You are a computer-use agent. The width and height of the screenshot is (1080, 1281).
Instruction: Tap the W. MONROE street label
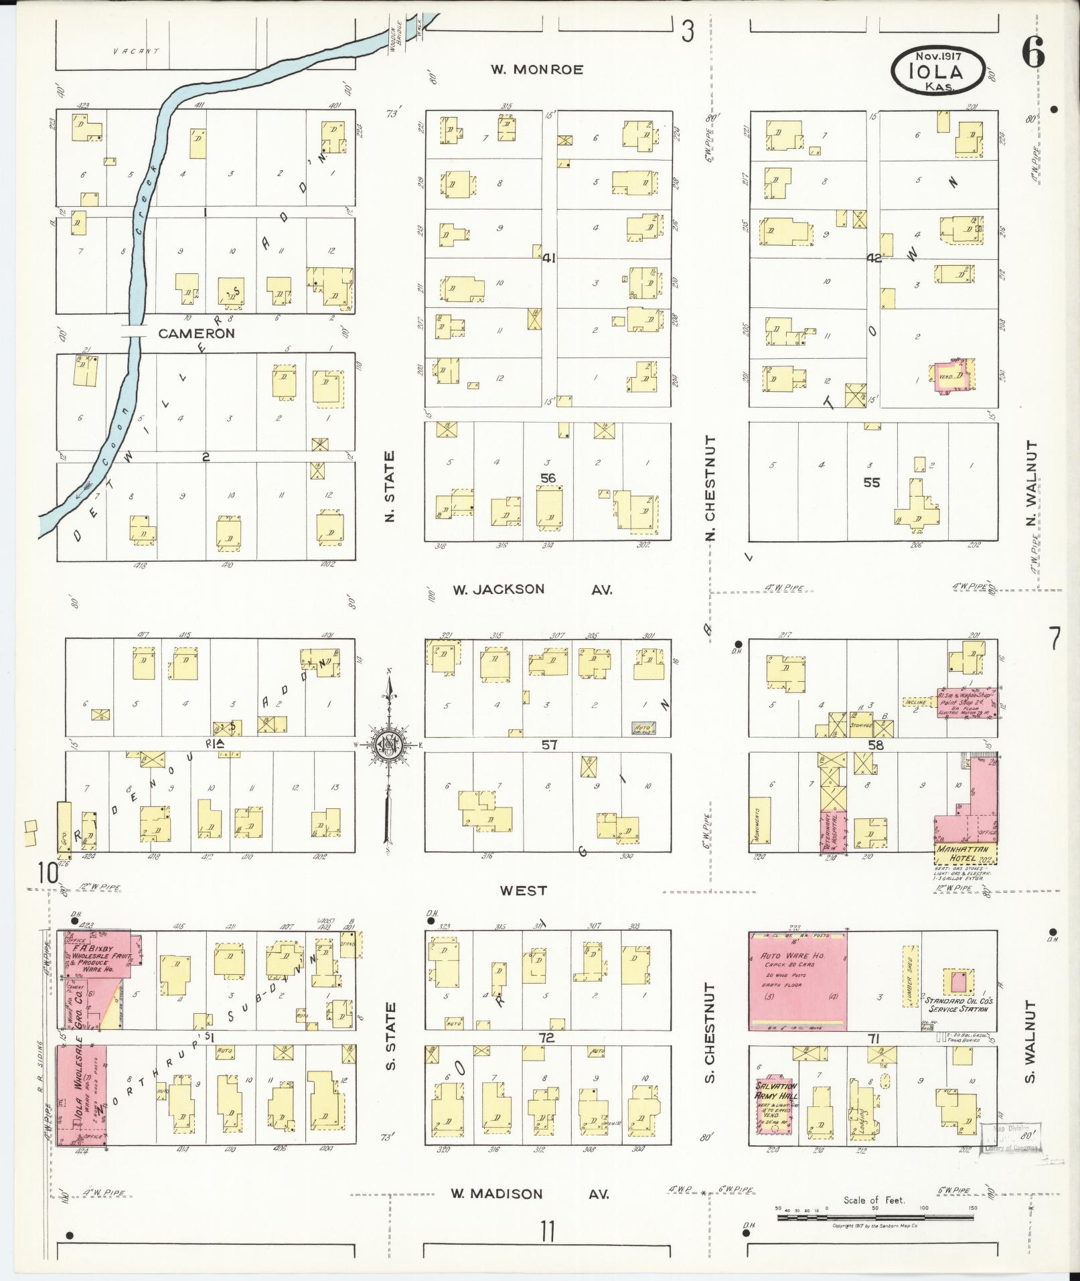click(x=537, y=70)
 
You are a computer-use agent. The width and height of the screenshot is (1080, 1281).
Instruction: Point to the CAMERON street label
click(x=196, y=333)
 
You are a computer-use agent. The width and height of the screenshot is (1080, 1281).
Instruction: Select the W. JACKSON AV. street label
click(x=532, y=589)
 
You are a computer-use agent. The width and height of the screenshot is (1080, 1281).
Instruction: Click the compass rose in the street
click(x=388, y=744)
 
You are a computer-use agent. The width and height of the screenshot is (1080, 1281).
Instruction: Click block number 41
click(x=550, y=258)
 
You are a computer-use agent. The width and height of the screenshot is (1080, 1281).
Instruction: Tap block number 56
click(x=548, y=477)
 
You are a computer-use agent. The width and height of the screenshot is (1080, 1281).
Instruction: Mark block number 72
click(x=548, y=1056)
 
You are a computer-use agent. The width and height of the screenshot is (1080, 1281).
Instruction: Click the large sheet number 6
click(x=1033, y=53)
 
